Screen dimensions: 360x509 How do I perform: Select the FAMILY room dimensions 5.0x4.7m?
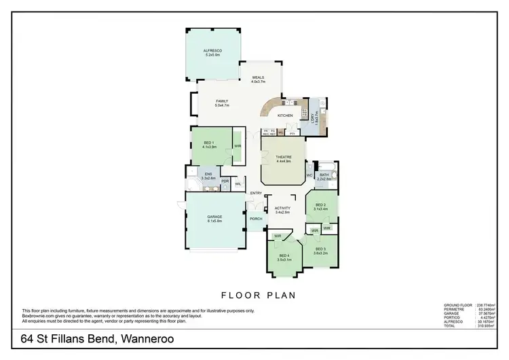(223, 106)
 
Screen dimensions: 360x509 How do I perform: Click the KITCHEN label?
(285, 115)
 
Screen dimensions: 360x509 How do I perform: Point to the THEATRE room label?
(283, 157)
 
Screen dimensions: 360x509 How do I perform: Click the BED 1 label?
(208, 143)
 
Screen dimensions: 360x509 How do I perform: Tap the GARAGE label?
(214, 217)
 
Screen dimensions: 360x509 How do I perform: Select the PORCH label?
(256, 219)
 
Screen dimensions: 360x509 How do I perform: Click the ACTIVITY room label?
(282, 209)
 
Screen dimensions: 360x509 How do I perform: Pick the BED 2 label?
(322, 204)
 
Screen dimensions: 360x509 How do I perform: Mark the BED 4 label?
(284, 255)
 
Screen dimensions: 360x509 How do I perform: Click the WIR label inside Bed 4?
(278, 236)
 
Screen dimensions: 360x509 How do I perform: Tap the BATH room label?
(324, 175)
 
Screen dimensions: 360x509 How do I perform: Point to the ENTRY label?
(256, 194)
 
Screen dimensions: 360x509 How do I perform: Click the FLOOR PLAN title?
(253, 295)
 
